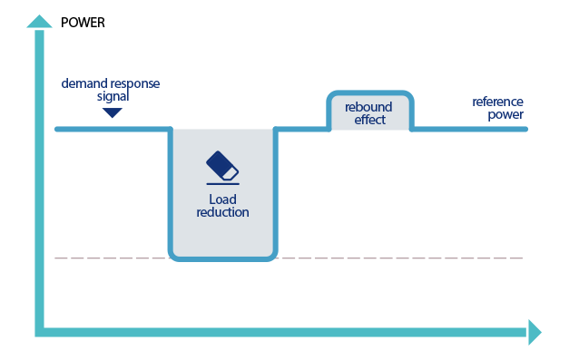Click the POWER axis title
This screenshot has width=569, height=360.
pos(83,22)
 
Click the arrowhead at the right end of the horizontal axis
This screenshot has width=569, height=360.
pos(535,332)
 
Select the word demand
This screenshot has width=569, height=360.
pos(83,83)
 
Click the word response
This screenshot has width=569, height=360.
pos(133,83)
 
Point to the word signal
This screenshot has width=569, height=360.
pos(113,95)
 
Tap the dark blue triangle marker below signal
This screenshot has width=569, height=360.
pos(112,113)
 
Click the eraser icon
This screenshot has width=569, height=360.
pos(222,165)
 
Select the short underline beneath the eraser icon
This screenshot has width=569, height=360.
pos(222,184)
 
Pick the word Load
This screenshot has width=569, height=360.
pos(222,199)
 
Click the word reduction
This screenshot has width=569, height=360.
pos(222,212)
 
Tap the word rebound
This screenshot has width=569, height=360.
pos(369,106)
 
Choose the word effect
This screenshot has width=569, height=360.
pos(369,119)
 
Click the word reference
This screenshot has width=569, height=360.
pos(497,102)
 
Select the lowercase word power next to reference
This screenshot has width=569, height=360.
pos(505,114)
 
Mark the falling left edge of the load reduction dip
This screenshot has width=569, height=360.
pos(171,190)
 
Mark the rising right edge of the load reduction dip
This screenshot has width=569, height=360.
pos(276,190)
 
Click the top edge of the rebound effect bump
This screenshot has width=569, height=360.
pos(369,92)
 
